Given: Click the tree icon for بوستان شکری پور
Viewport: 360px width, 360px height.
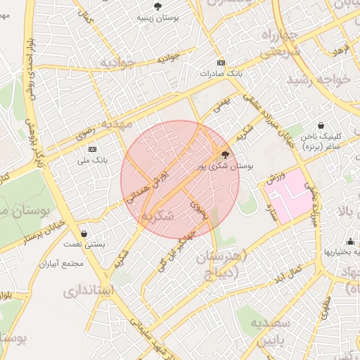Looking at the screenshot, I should (225, 154).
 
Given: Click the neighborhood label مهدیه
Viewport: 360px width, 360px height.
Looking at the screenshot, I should (116, 124).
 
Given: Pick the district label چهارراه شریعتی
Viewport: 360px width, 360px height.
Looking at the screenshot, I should (281, 43).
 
